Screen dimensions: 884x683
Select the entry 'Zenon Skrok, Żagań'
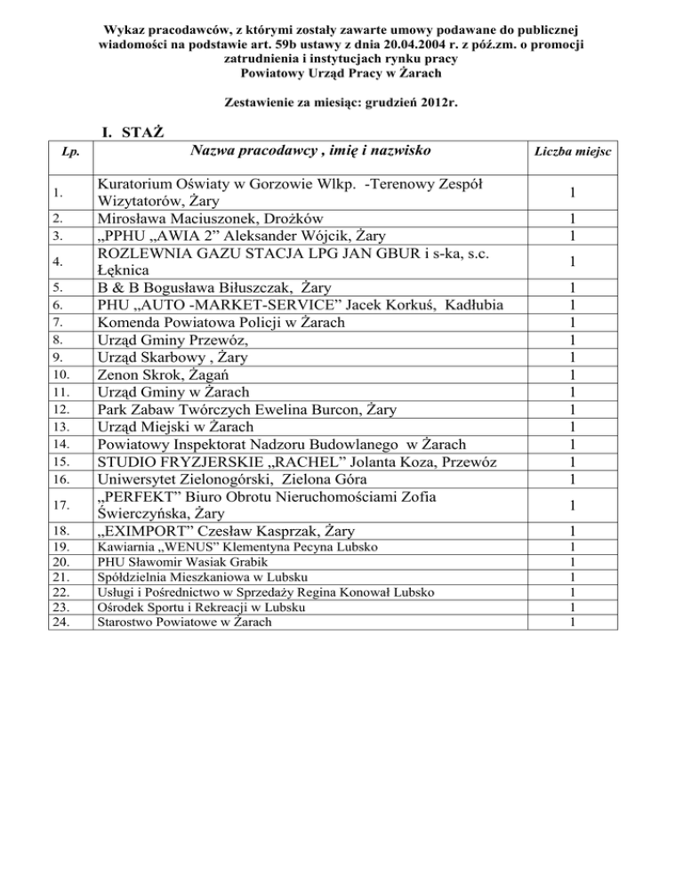[x=159, y=374]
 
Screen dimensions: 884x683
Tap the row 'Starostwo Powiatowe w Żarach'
[x=183, y=623]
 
